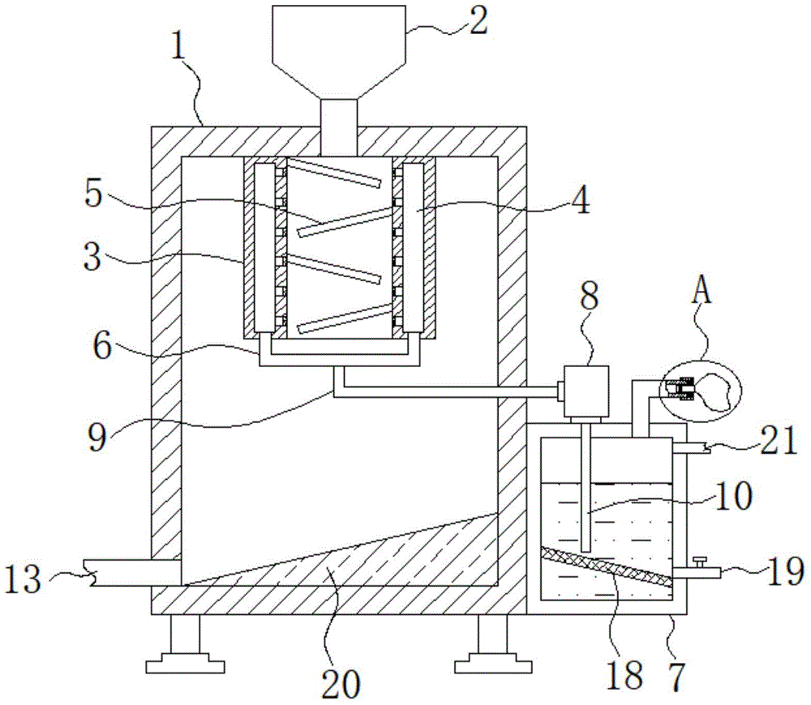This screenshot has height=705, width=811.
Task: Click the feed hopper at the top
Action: point(339,66)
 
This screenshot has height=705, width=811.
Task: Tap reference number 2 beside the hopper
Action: point(479,21)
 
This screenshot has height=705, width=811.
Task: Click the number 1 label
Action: point(179,48)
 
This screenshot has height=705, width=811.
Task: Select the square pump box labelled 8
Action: point(586,391)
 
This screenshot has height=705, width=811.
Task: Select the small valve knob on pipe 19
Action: point(701,562)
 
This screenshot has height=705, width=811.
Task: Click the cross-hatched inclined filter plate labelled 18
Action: point(606,567)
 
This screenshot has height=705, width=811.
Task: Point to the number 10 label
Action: point(734,496)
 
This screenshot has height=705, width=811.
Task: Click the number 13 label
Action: point(24,579)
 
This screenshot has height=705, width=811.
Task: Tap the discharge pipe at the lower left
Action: point(132,573)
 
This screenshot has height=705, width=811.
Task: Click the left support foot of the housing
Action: point(185,644)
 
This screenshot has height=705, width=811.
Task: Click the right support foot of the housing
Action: point(493,644)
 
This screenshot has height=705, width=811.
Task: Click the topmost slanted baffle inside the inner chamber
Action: point(334,173)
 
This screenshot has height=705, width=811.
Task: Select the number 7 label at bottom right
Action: point(676,676)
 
